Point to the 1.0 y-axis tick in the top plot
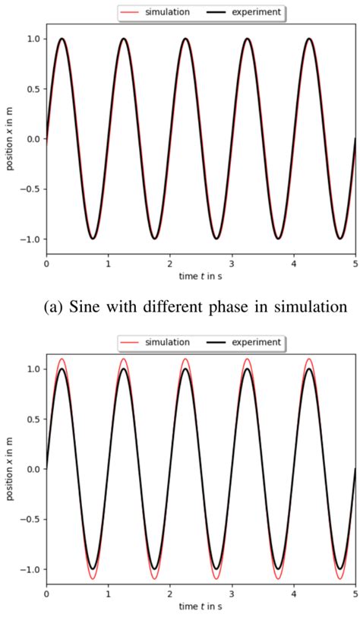[x=33, y=39]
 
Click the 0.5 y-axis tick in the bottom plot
[x=33, y=419]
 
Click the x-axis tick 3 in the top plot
[x=232, y=264]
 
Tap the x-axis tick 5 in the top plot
[x=355, y=264]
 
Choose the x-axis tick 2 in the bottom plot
[x=170, y=594]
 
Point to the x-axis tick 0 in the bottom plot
[x=46, y=594]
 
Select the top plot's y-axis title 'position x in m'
[x=10, y=139]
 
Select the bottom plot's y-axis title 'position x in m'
[x=10, y=469]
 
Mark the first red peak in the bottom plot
[x=62, y=359]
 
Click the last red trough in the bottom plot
[x=339, y=579]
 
